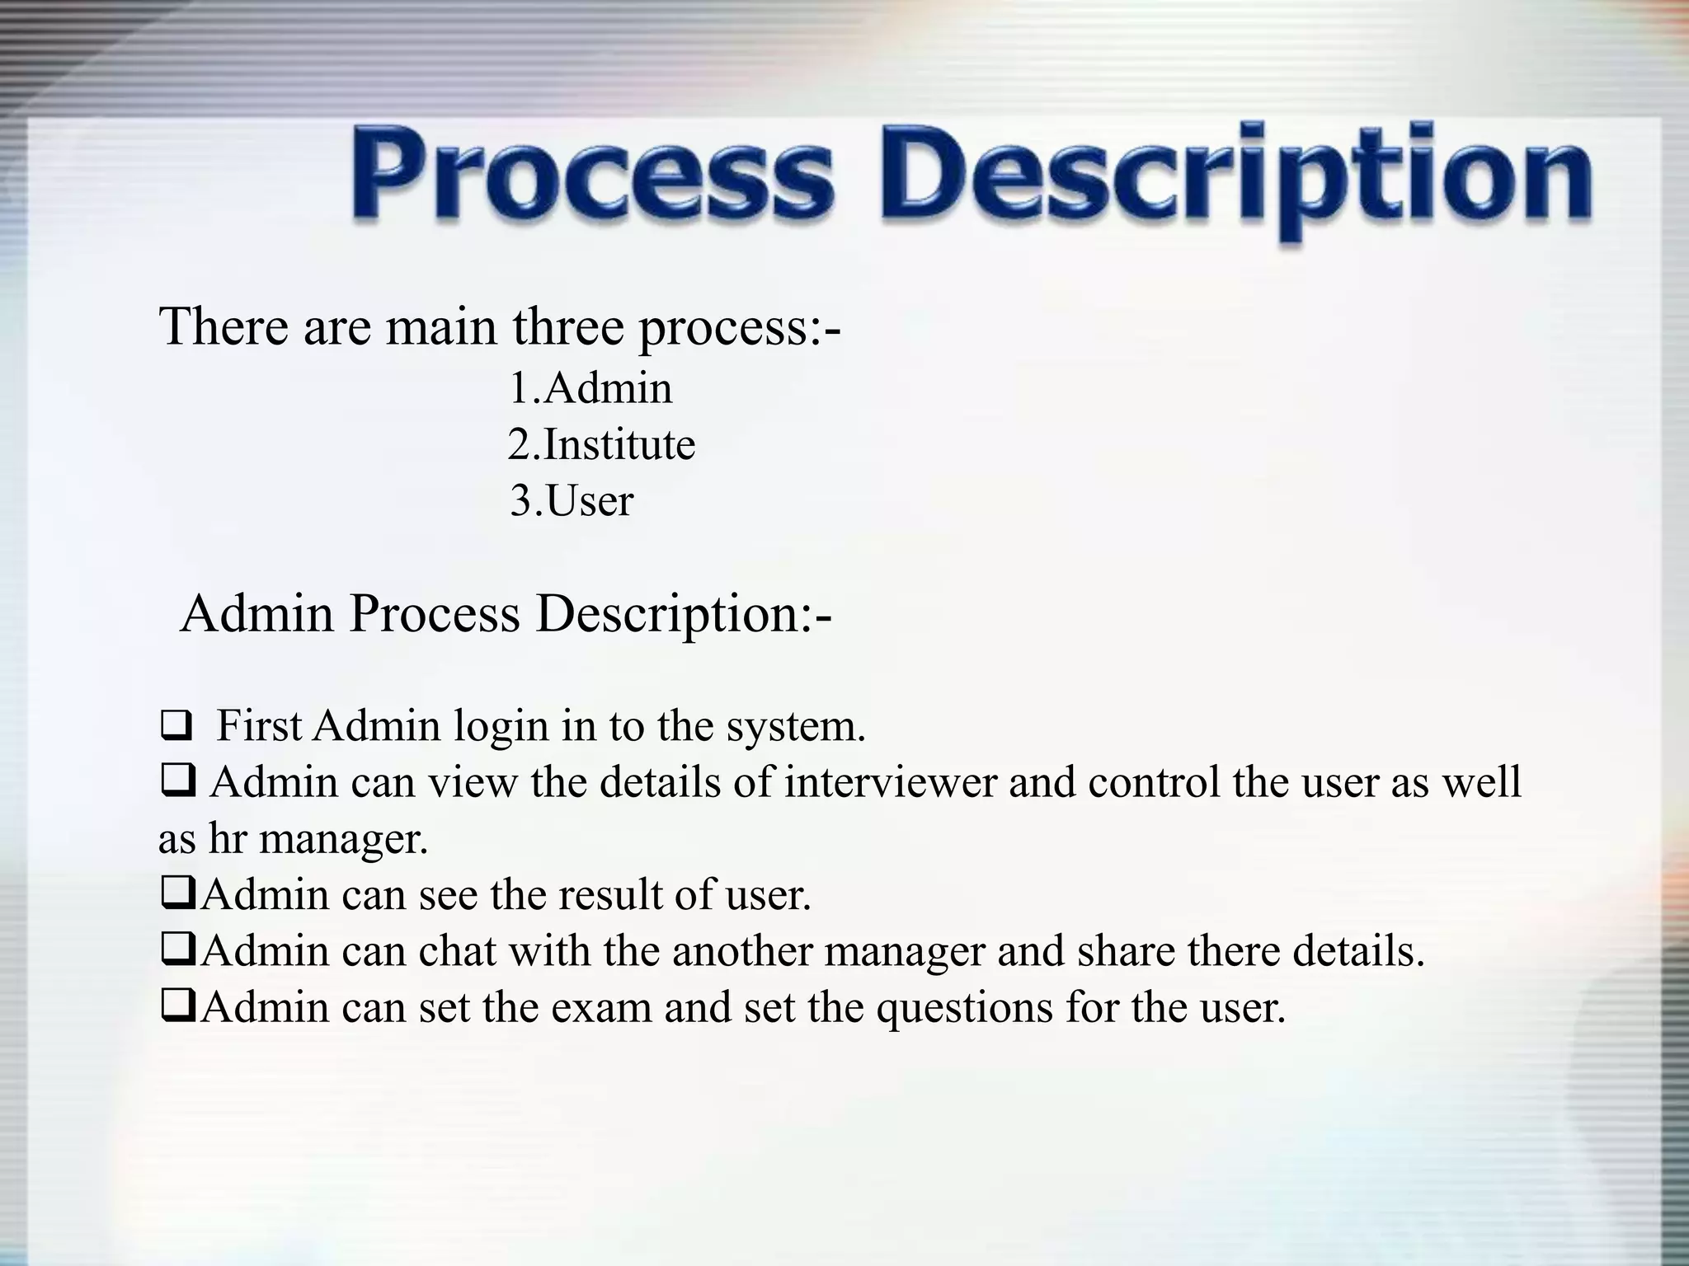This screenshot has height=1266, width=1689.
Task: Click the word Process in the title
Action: point(591,177)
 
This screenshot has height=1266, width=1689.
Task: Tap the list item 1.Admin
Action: point(590,388)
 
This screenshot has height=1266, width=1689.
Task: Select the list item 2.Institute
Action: point(601,445)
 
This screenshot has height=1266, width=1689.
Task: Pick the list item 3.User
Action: point(572,501)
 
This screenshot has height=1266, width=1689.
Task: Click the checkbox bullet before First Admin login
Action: point(176,728)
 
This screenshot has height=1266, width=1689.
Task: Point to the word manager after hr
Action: point(344,840)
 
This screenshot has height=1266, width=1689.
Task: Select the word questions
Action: point(964,1008)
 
